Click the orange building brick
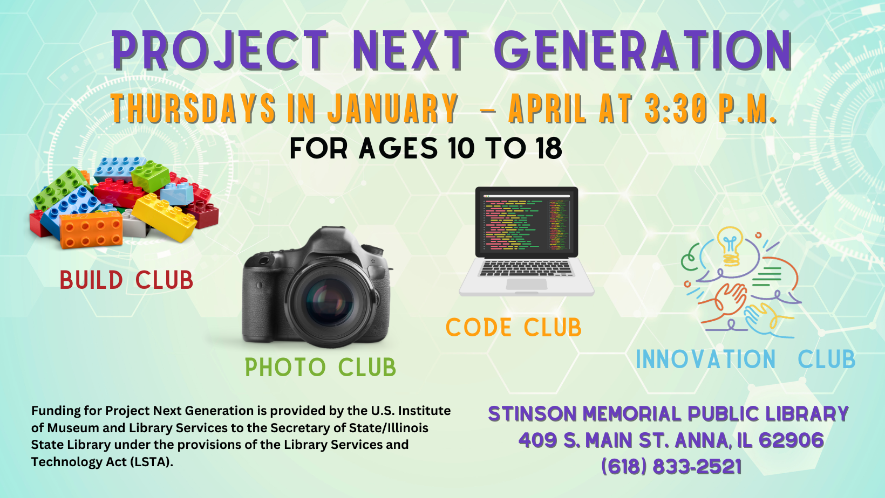(91, 230)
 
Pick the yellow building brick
(165, 217)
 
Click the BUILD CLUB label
(126, 280)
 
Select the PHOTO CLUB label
(321, 367)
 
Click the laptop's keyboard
(526, 269)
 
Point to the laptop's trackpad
(527, 284)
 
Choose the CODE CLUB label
(514, 327)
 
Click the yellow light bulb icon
(730, 246)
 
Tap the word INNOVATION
(706, 359)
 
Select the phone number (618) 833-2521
(671, 466)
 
